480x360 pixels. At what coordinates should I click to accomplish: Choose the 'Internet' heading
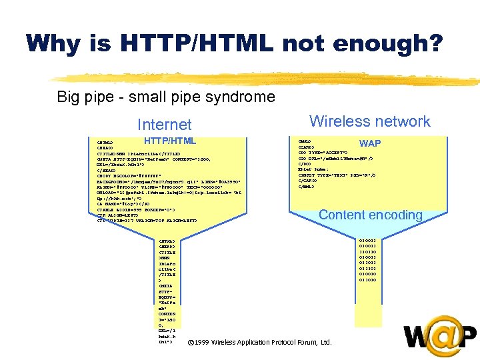pyautogui.click(x=164, y=125)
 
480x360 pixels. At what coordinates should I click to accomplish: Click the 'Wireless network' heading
pyautogui.click(x=370, y=121)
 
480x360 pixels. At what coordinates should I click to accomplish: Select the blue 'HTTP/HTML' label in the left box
pyautogui.click(x=170, y=141)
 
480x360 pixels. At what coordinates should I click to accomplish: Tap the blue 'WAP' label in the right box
pyautogui.click(x=370, y=143)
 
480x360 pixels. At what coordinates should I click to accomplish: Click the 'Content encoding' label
pyautogui.click(x=370, y=215)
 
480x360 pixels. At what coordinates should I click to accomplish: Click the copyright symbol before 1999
pyautogui.click(x=191, y=342)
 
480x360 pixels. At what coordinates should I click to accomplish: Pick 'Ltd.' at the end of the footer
pyautogui.click(x=326, y=342)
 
